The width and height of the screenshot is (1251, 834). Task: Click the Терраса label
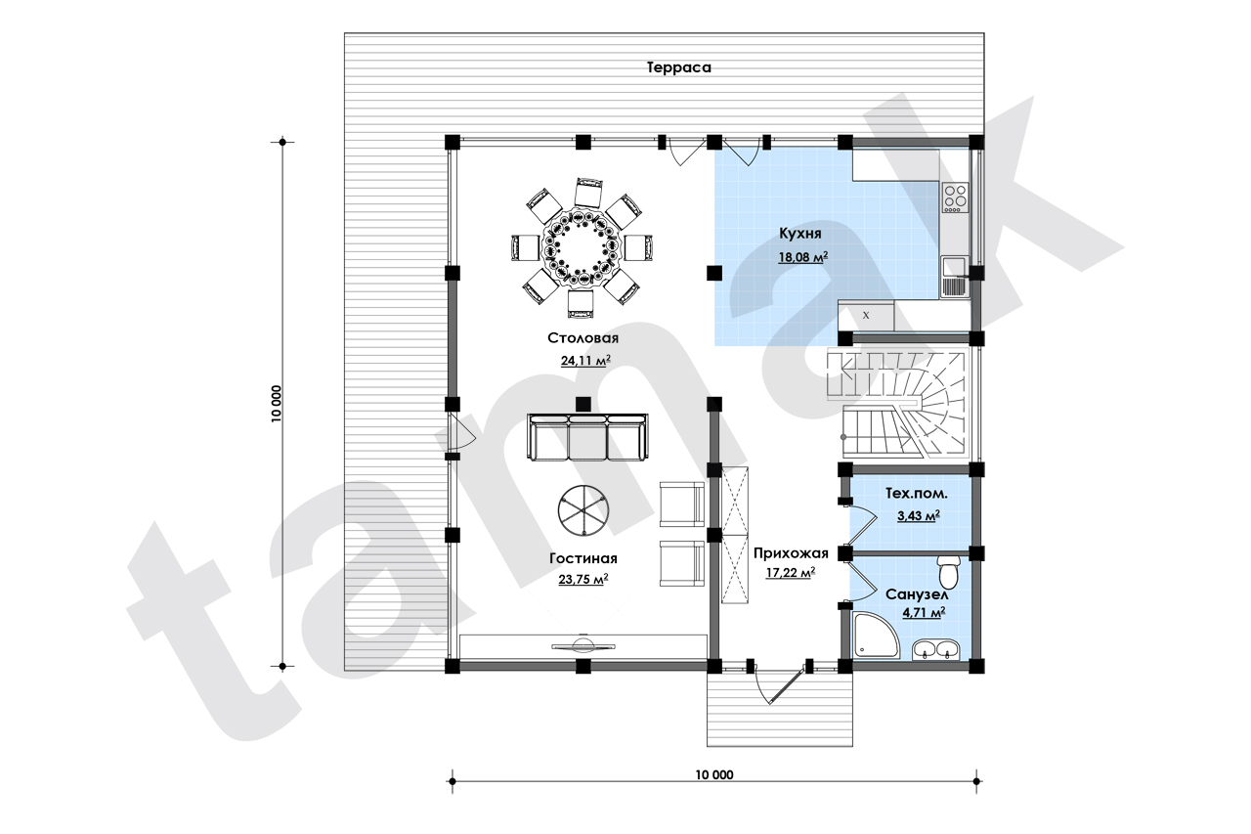pos(678,67)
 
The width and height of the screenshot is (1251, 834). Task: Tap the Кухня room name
pos(800,234)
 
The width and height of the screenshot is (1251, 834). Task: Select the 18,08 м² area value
pos(803,257)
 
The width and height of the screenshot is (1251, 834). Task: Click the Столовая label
pos(583,338)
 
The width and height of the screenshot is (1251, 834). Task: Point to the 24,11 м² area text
pos(585,361)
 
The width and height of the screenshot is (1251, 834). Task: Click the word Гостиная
pos(583,558)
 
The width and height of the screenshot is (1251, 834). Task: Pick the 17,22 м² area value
pos(791,573)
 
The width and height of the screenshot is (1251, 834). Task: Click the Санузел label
pos(917,594)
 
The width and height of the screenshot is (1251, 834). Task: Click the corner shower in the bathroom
pos(875,636)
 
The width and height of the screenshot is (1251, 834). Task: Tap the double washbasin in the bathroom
pos(935,649)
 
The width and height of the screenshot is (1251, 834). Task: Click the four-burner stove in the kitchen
pos(955,198)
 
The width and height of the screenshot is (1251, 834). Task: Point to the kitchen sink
pos(955,277)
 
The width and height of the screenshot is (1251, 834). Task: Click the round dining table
pos(582,247)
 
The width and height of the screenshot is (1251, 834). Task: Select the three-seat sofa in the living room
pos(587,437)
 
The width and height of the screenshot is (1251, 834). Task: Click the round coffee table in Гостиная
pos(583,510)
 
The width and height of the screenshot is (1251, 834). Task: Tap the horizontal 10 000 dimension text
pos(714,774)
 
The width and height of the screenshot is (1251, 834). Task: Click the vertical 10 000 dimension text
pos(277,404)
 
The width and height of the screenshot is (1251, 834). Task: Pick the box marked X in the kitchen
pos(866,316)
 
